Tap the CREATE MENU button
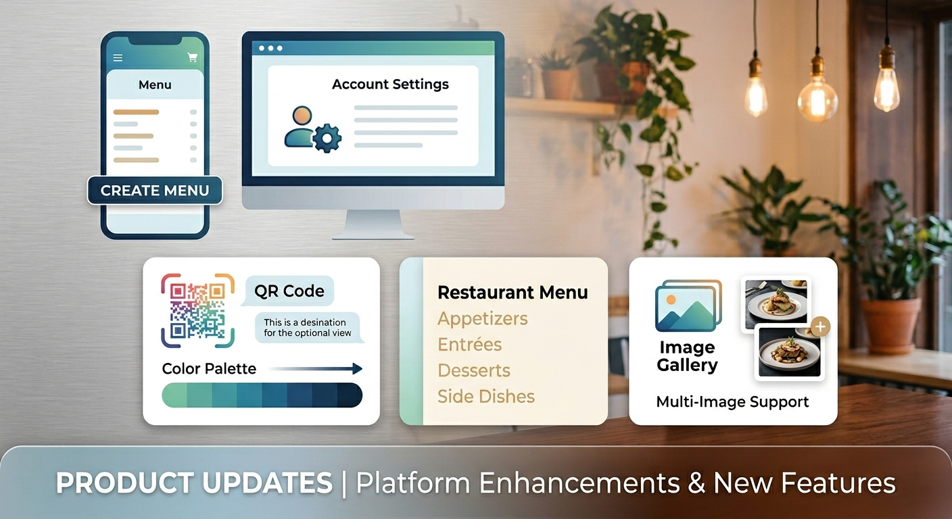(x=155, y=191)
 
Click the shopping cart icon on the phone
(x=193, y=58)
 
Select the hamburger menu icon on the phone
(x=118, y=58)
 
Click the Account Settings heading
(x=390, y=84)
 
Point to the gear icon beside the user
(x=328, y=138)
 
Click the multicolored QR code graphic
(x=197, y=310)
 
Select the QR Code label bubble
(x=289, y=291)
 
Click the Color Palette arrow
(x=315, y=369)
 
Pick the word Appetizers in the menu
(x=482, y=318)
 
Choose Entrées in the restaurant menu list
(x=469, y=345)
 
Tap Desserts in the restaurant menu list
(x=473, y=370)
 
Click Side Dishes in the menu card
(x=485, y=397)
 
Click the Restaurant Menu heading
(x=513, y=293)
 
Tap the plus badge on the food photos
(x=820, y=327)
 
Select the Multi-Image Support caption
(x=732, y=402)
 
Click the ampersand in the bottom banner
(x=695, y=483)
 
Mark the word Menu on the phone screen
(x=155, y=85)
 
